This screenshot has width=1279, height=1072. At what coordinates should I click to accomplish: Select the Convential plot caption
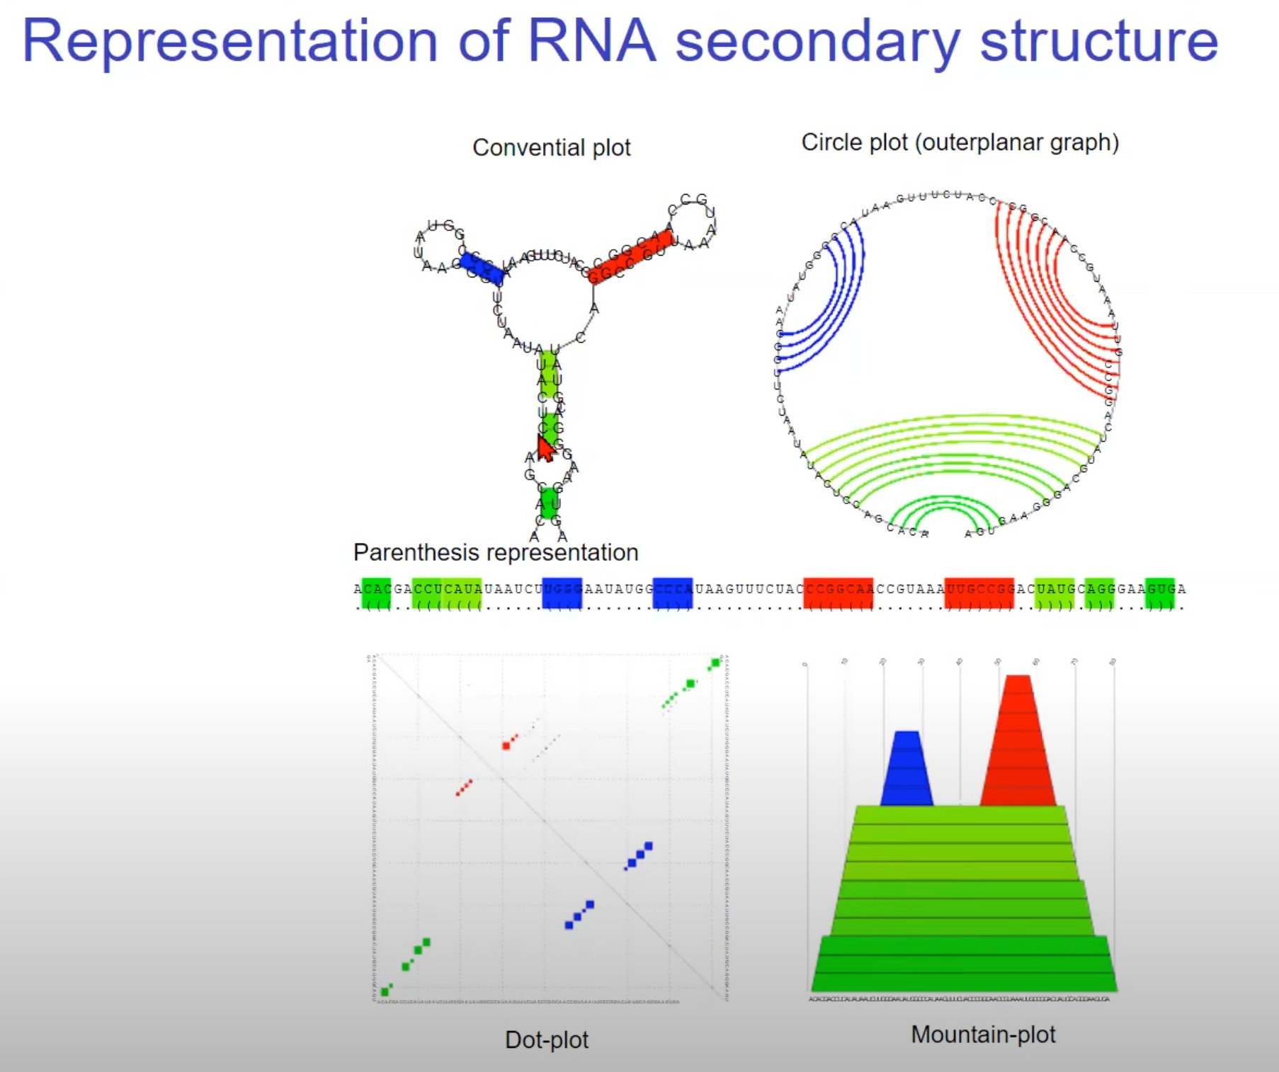point(551,147)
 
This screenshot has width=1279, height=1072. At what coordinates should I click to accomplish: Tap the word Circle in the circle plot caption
point(828,142)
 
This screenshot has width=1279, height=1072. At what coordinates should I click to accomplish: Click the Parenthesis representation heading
point(495,552)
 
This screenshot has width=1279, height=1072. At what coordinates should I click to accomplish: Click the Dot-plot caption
point(546,1039)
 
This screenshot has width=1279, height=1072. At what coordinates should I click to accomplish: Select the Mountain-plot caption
point(982,1034)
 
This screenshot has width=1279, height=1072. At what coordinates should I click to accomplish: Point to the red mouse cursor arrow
point(545,449)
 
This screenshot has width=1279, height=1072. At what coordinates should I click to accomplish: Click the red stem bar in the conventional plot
point(630,256)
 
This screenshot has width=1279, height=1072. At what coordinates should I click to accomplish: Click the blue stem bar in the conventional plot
point(482,268)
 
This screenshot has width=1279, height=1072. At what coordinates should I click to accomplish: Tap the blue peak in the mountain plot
point(906,772)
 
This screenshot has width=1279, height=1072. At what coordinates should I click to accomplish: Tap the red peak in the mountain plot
point(1018,743)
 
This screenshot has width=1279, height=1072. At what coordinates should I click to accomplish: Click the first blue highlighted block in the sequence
point(562,593)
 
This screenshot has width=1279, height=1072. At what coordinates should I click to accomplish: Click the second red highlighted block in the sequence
point(979,593)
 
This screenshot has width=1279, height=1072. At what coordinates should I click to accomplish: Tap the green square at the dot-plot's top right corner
point(715,663)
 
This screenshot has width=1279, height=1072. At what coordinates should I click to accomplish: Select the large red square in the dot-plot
point(506,746)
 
